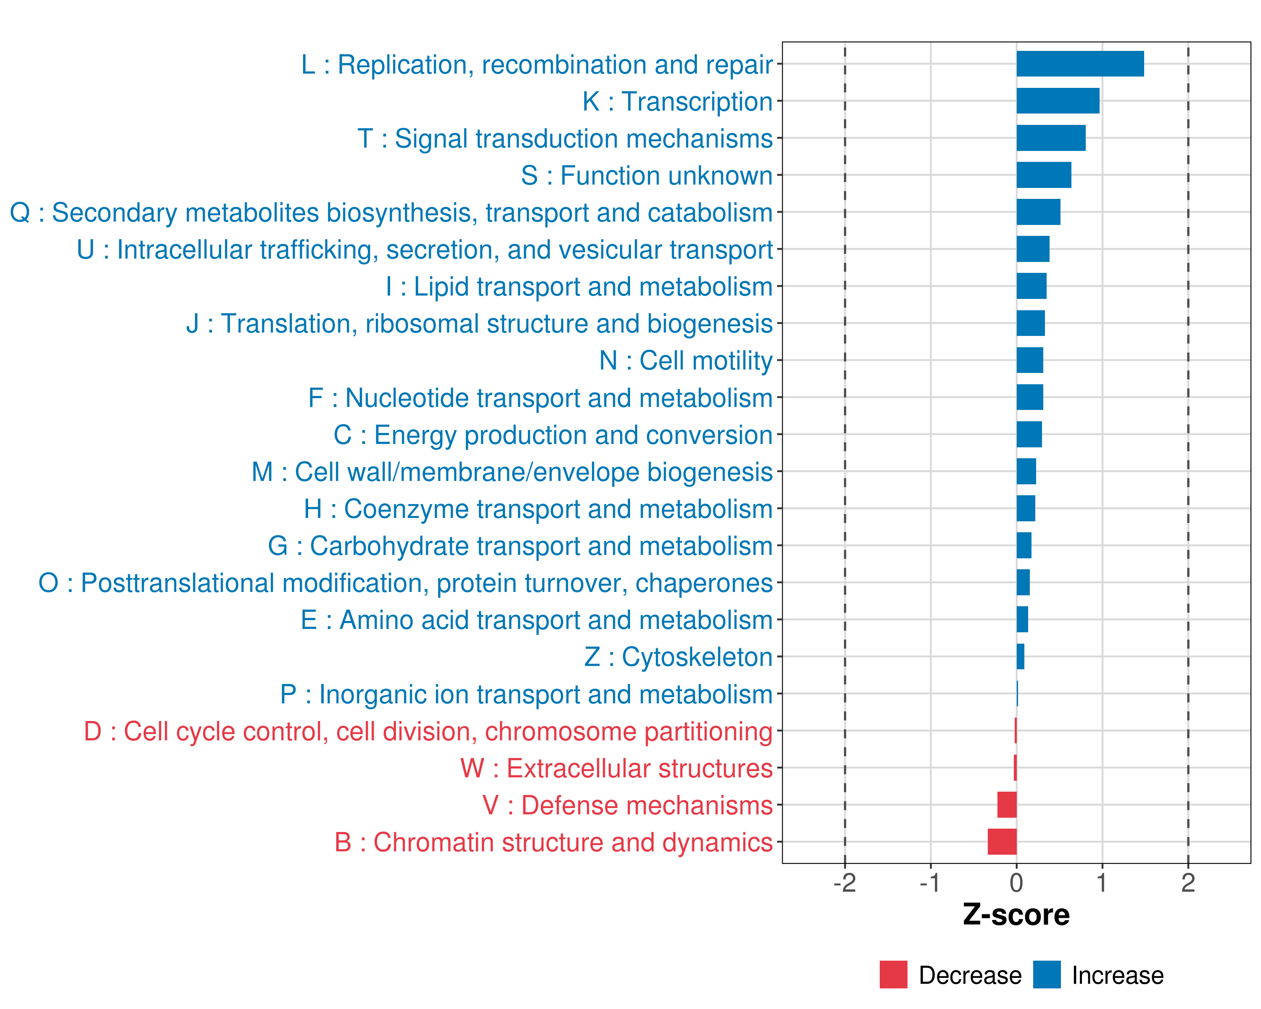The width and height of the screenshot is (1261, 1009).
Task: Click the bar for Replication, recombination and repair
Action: point(1080,64)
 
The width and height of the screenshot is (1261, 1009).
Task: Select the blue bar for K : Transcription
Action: point(1058,100)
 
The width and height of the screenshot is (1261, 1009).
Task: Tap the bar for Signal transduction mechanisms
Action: point(1050,138)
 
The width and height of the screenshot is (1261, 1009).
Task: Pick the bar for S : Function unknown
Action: point(1043,175)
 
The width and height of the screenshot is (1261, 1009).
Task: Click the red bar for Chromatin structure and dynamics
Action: point(1002,842)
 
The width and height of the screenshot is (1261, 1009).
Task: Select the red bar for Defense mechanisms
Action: point(1007,805)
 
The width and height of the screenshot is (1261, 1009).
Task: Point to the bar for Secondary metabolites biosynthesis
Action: point(1038,212)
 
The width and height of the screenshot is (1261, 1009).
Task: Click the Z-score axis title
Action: point(1016,915)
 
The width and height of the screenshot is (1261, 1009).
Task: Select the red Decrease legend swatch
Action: point(893,975)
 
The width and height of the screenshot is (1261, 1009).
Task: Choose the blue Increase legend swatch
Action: point(1046,975)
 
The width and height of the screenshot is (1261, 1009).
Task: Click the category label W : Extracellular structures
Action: point(617,768)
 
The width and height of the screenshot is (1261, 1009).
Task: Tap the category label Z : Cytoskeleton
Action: point(678,657)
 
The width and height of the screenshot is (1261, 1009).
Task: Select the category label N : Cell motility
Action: point(686,360)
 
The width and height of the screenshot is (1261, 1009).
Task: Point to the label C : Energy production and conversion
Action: point(553,435)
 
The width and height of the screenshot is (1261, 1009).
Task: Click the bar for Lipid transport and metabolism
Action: point(1031,286)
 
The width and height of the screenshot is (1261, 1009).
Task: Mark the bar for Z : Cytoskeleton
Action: point(1021,657)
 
